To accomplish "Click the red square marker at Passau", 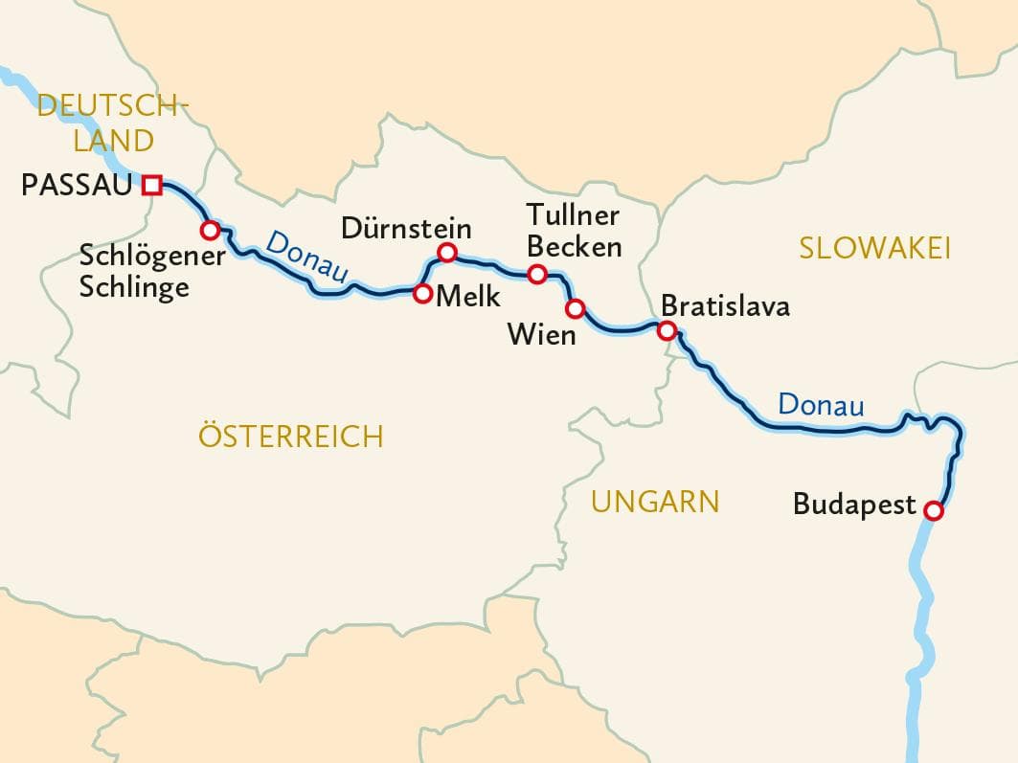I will point(151,185).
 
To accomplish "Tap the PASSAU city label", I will point(75,185).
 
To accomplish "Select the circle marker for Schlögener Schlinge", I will point(209,230).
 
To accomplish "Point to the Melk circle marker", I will point(421,294).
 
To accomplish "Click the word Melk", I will point(467,296).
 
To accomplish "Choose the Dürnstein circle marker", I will point(446,253).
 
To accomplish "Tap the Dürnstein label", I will point(406,229).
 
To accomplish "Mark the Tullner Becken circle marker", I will point(537,275).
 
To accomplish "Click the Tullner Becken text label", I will point(574,232).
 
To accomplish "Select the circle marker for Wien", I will point(575,308).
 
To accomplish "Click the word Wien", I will point(541,335).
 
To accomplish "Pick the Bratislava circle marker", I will point(667,330).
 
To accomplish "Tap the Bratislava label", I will point(725,306).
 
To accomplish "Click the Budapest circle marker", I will point(933,511).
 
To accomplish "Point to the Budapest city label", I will point(854,505).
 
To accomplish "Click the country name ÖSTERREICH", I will point(290,437).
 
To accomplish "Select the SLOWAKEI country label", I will point(874,249).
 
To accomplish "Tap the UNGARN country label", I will point(654,501).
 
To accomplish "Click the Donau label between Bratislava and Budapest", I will point(821,405).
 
